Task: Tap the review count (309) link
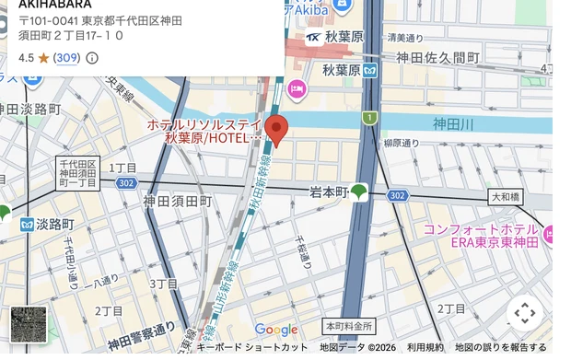click(66, 58)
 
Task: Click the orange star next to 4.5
click(42, 57)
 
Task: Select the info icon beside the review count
click(92, 58)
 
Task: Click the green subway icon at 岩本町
click(358, 192)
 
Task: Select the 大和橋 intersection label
click(505, 196)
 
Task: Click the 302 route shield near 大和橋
click(397, 195)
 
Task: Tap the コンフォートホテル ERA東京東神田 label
click(480, 236)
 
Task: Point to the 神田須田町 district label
click(177, 201)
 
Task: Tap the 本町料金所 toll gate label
click(348, 327)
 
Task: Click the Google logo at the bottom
click(275, 330)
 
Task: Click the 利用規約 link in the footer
click(425, 347)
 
